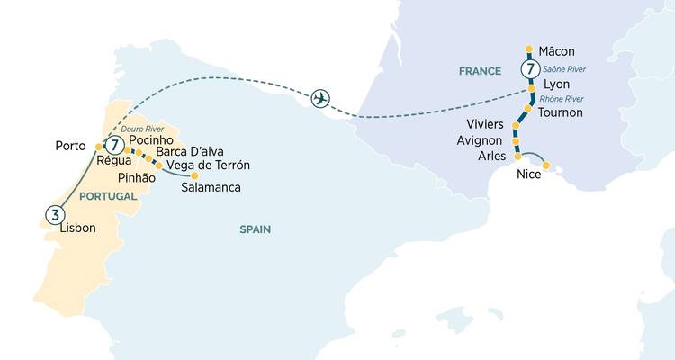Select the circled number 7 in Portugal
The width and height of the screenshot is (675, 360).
coord(114,144)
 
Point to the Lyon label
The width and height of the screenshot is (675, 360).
coord(556,85)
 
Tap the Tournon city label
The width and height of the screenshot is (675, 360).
coord(560,112)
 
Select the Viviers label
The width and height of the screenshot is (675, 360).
coord(485,123)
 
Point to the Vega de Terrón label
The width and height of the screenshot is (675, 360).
coord(208,165)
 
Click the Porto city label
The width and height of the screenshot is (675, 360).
coord(70,145)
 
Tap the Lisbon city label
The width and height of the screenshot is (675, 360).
coord(77,229)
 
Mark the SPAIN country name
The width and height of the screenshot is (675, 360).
coord(255,229)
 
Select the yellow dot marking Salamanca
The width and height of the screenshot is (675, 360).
coord(193,175)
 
